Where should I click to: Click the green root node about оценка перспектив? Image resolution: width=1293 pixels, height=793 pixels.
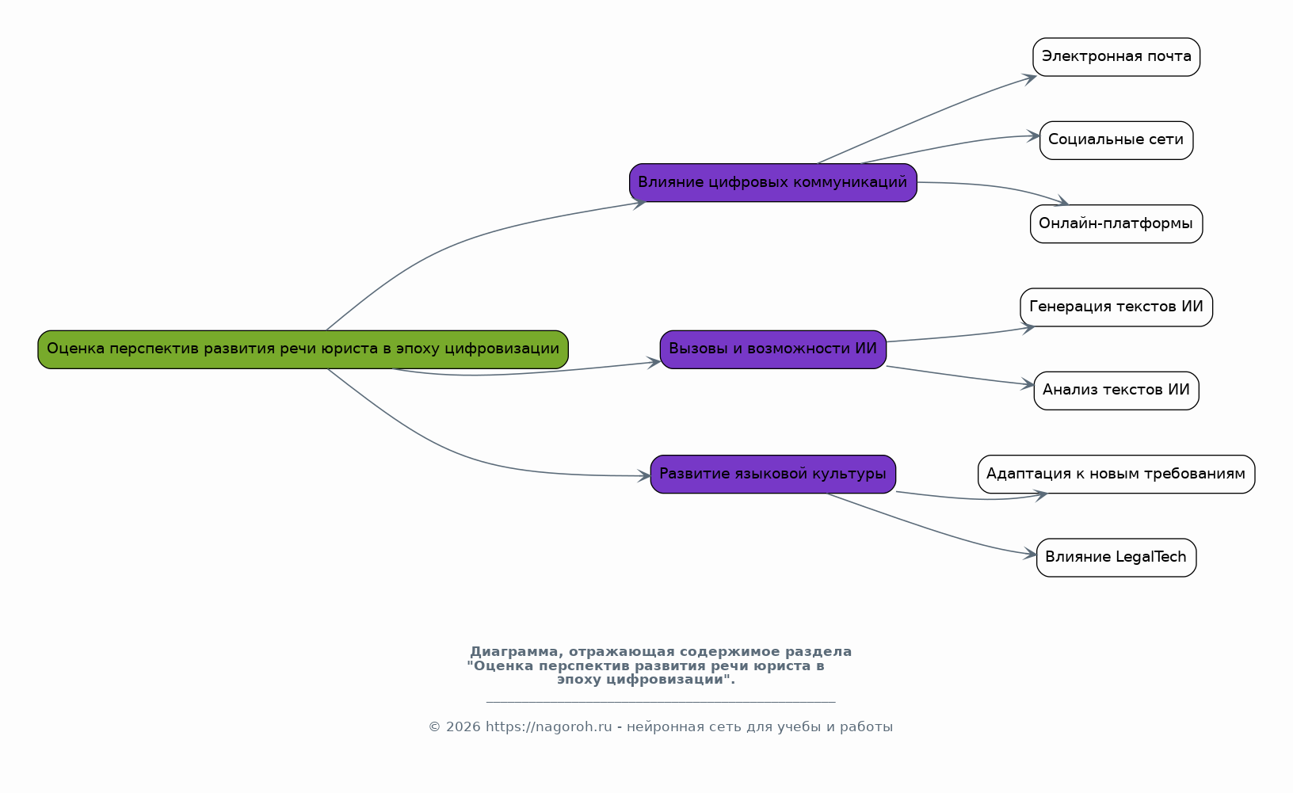[x=303, y=349]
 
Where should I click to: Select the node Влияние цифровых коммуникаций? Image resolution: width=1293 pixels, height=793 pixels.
[x=772, y=183]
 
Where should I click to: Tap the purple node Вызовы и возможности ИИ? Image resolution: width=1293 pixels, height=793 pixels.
[x=772, y=349]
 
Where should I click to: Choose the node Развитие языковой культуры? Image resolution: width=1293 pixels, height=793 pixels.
[x=772, y=475]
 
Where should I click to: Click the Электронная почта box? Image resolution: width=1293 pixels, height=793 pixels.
[x=1116, y=57]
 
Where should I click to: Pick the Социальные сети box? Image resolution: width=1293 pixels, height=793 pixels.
[x=1116, y=140]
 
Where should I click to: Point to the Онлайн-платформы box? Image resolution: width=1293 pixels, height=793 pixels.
[x=1116, y=224]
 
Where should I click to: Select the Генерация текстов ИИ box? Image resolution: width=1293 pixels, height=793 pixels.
[x=1116, y=307]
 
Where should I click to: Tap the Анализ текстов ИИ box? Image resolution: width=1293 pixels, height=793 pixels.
[x=1116, y=391]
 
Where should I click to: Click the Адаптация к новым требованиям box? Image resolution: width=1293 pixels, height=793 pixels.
[x=1116, y=475]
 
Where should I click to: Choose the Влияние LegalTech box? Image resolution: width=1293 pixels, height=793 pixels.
[x=1116, y=558]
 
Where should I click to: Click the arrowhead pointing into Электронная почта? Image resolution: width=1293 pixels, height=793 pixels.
[x=1030, y=77]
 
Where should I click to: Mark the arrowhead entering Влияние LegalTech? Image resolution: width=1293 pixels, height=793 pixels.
[x=1031, y=555]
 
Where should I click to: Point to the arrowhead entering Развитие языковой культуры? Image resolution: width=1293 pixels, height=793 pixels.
[x=644, y=476]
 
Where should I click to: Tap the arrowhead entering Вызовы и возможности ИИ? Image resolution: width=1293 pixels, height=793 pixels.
[x=654, y=362]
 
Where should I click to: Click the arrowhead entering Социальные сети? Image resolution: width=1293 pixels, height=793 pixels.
[x=1034, y=136]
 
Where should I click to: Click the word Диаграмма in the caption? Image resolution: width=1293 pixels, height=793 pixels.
[x=513, y=652]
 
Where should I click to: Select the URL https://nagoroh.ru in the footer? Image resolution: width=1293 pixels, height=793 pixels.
[x=548, y=727]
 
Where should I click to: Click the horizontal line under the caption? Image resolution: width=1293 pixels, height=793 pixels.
[x=660, y=702]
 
